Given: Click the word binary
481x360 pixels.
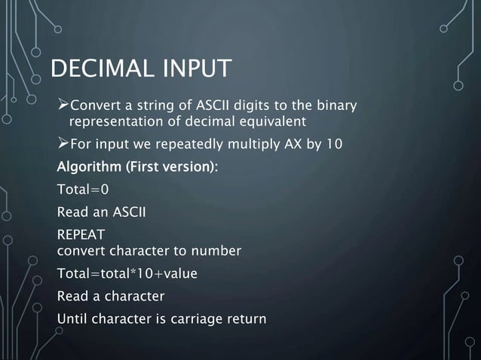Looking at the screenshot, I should coord(336,104).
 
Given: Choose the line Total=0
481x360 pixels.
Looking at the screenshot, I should coord(77,189).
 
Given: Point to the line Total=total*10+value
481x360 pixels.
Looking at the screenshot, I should coord(127,273).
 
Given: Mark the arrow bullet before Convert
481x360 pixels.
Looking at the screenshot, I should coord(63,103).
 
